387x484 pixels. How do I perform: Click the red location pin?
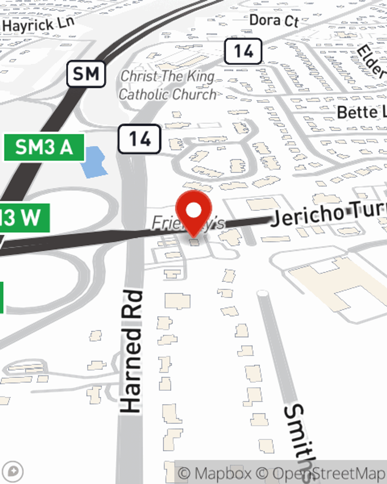(193, 211)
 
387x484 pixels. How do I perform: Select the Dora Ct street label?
(274, 20)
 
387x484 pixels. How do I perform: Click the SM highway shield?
(86, 74)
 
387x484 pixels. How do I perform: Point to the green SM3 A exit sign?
(44, 147)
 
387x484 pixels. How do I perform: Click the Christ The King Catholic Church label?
(168, 85)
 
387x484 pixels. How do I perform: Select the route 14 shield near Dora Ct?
(243, 51)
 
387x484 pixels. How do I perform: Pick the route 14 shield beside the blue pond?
(139, 139)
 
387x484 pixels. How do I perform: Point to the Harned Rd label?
(131, 350)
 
